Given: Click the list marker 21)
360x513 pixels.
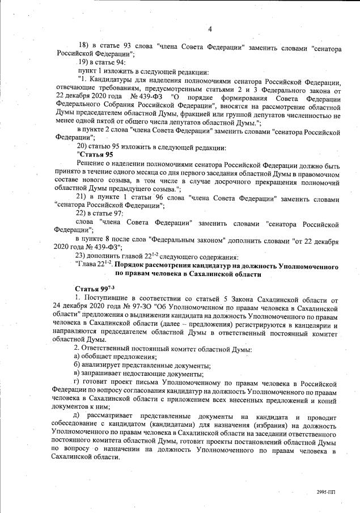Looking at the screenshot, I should [x=84, y=196].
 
